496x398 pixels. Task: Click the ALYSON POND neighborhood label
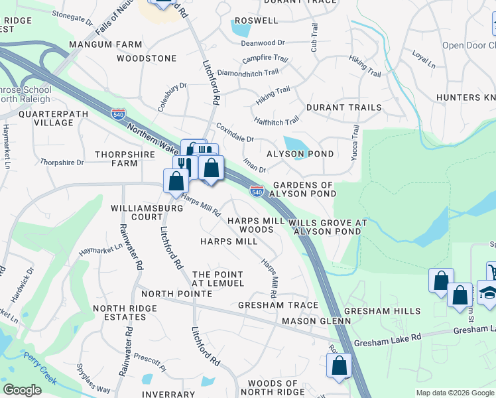[295, 154]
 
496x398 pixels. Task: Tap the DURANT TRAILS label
[343, 107]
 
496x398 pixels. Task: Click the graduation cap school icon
[487, 293]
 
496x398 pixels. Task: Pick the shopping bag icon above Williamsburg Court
[176, 181]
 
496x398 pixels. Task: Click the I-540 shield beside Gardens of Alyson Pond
[257, 192]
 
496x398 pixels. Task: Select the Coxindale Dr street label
[235, 134]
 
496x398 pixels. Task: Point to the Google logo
[22, 390]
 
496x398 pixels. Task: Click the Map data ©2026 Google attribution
[455, 393]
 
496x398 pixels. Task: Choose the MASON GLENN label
[316, 321]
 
